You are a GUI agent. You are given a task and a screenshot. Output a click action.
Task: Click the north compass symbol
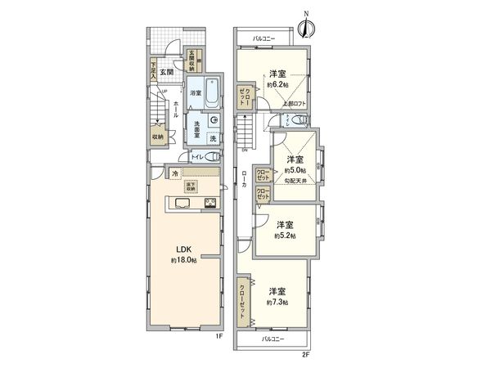pyautogui.click(x=304, y=27)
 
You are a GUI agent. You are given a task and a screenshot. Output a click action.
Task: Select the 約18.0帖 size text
pyautogui.click(x=183, y=260)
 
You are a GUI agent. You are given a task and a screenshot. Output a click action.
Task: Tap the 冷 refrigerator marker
pyautogui.click(x=175, y=174)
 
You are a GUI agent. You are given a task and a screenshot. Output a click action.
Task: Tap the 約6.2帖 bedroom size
pyautogui.click(x=277, y=84)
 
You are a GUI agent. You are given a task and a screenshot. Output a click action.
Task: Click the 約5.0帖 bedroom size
pyautogui.click(x=294, y=170)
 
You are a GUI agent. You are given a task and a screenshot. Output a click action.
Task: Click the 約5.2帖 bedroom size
pyautogui.click(x=286, y=236)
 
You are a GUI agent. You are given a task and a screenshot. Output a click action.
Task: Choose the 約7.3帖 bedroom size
pyautogui.click(x=277, y=302)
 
